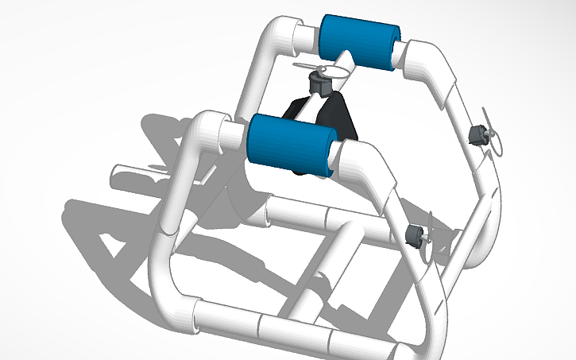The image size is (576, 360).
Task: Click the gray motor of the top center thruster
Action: (x=319, y=82)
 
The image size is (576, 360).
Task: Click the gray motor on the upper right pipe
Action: (x=477, y=134)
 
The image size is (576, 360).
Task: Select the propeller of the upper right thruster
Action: (x=494, y=135)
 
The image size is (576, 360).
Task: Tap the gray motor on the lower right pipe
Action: (x=413, y=234)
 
